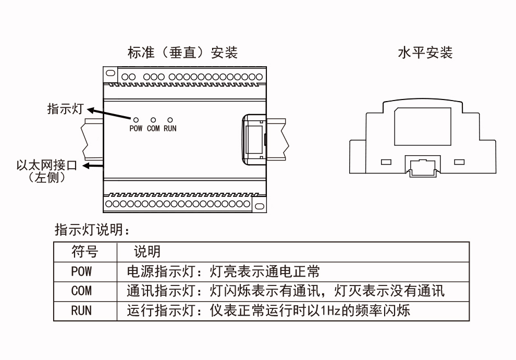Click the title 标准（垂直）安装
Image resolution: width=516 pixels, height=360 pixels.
182,52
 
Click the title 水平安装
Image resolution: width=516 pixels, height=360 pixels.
425,52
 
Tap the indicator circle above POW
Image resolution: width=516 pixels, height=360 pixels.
136,120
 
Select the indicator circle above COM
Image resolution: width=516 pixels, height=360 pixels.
153,120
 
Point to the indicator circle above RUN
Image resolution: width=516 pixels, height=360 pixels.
170,120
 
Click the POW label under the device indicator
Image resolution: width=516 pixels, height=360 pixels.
136,128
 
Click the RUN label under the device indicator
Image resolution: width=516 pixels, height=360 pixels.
170,128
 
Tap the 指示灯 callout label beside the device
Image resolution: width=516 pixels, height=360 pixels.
65,108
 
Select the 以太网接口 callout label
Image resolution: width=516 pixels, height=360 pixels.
47,165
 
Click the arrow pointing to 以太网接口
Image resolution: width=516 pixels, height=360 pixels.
93,166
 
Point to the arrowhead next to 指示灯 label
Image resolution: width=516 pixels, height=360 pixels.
90,110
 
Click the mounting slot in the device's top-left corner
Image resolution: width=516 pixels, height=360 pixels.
110,73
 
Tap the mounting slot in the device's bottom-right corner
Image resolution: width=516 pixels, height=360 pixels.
260,206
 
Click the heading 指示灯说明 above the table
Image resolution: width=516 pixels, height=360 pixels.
92,230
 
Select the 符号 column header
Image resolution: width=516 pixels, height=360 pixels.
85,252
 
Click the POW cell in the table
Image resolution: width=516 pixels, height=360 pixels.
81,271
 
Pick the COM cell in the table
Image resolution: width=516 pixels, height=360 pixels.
81,291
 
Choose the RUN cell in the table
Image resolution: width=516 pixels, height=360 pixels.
81,311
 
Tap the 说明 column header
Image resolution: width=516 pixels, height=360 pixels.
147,252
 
